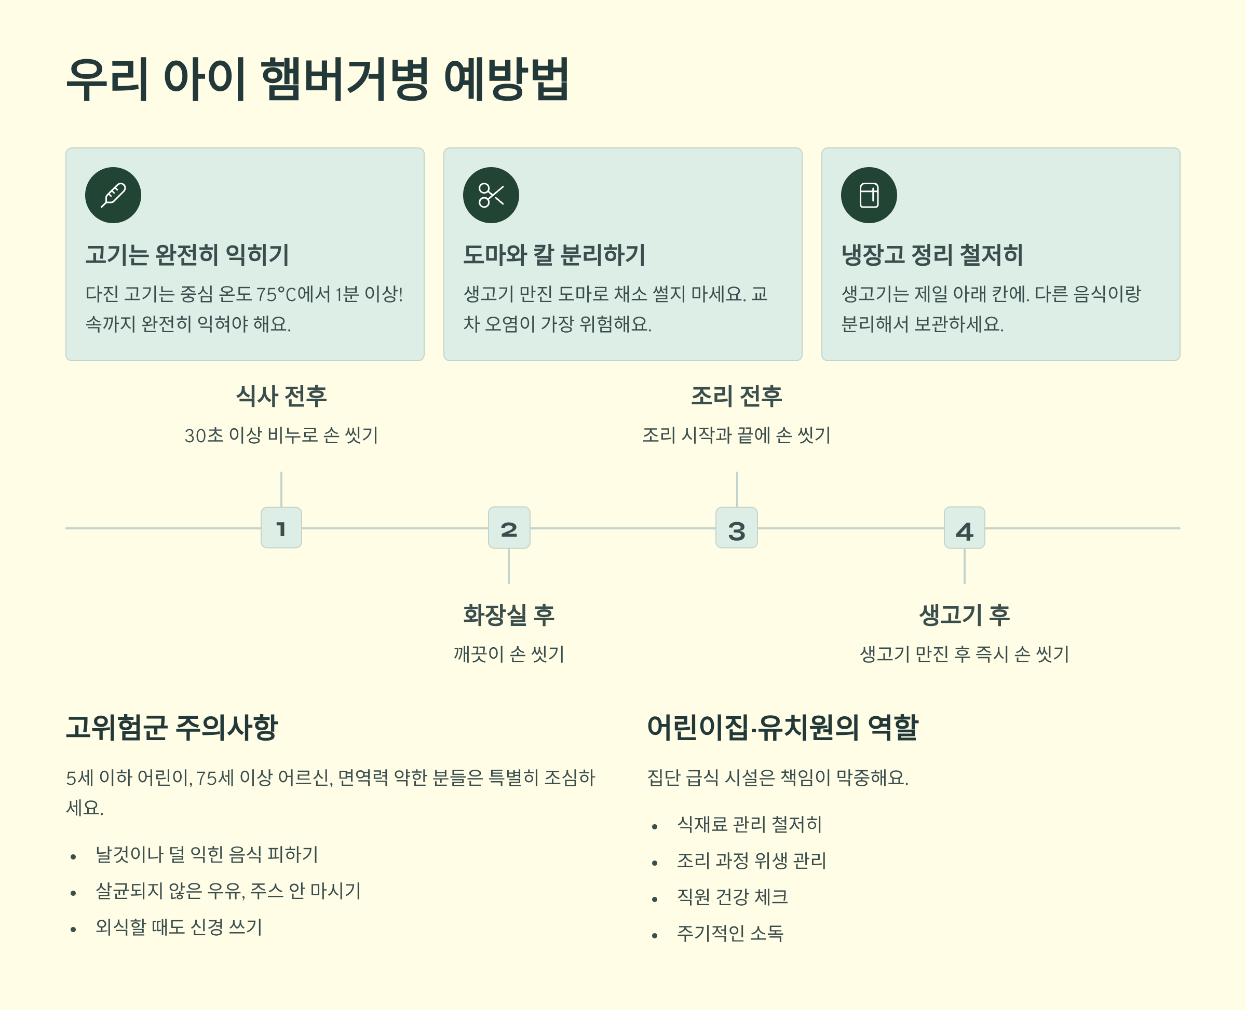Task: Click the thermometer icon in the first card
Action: click(113, 195)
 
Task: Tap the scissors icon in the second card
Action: click(491, 195)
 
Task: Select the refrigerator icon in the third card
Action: click(868, 195)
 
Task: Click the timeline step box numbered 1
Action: click(281, 528)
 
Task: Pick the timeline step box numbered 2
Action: click(509, 528)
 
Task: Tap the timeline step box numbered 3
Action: click(736, 528)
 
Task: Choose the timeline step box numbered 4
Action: click(964, 528)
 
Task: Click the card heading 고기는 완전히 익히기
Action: click(187, 255)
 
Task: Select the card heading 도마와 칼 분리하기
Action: click(554, 255)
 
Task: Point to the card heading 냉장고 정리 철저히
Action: click(932, 255)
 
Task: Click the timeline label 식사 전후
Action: click(281, 396)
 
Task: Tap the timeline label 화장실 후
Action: click(509, 615)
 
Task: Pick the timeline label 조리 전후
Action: click(736, 396)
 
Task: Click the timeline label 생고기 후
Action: click(964, 615)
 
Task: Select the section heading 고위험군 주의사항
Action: click(172, 727)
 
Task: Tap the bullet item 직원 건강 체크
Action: click(732, 896)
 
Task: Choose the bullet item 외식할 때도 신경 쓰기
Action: click(179, 927)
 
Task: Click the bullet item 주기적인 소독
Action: click(730, 933)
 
